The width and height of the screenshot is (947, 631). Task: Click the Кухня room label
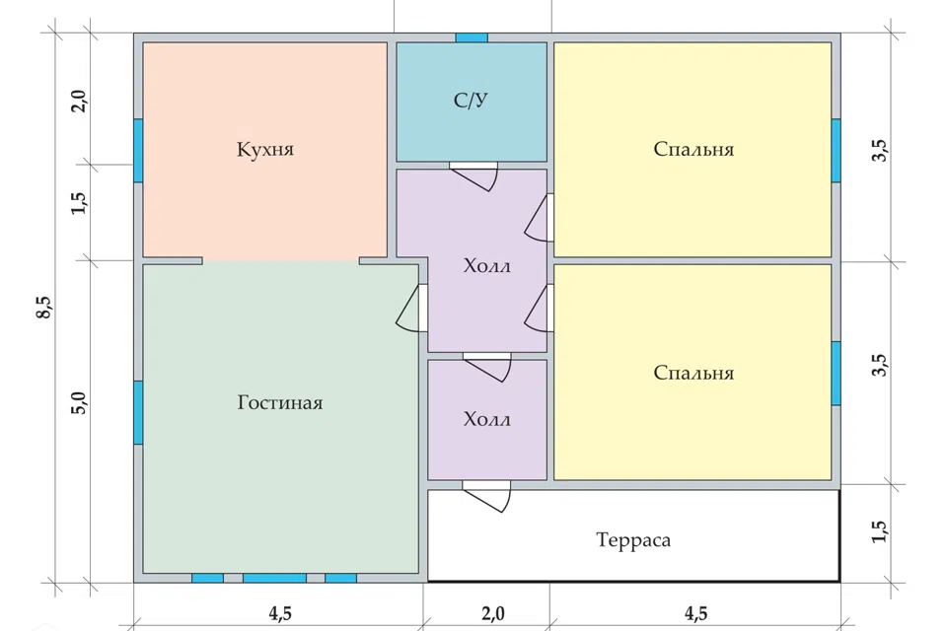pyautogui.click(x=265, y=149)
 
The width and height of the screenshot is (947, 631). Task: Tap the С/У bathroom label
pyautogui.click(x=472, y=101)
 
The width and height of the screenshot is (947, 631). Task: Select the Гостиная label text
pyautogui.click(x=279, y=402)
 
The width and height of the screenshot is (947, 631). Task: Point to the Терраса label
pyautogui.click(x=633, y=539)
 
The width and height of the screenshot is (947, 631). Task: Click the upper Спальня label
pyautogui.click(x=693, y=149)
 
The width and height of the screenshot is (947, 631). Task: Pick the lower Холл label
pyautogui.click(x=486, y=419)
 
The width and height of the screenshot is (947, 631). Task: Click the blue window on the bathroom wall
pyautogui.click(x=472, y=37)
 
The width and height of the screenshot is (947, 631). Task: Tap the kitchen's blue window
pyautogui.click(x=138, y=150)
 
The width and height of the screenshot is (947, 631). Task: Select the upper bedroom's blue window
pyautogui.click(x=836, y=150)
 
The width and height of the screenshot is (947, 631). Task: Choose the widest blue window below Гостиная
pyautogui.click(x=274, y=578)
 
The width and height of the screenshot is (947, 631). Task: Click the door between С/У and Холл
pyautogui.click(x=473, y=175)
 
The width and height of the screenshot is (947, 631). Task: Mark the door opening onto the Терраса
pyautogui.click(x=486, y=496)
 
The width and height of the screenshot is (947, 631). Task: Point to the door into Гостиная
pyautogui.click(x=412, y=307)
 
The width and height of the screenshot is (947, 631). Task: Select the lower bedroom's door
pyautogui.click(x=540, y=308)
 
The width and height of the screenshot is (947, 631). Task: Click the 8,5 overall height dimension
pyautogui.click(x=46, y=308)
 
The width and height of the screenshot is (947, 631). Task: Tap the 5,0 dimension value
pyautogui.click(x=80, y=402)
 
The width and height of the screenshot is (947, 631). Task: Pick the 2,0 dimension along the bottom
pyautogui.click(x=493, y=613)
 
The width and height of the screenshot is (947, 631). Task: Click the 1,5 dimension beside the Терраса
pyautogui.click(x=879, y=531)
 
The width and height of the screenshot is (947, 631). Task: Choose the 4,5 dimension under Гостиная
pyautogui.click(x=280, y=613)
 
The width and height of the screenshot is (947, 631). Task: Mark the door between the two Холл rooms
pyautogui.click(x=486, y=366)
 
